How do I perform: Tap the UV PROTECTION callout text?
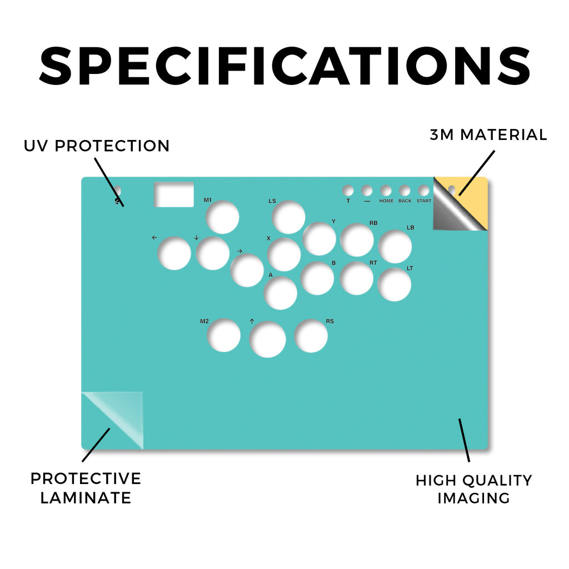click(97, 146)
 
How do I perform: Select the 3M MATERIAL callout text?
click(488, 134)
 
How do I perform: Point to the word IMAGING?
click(473, 498)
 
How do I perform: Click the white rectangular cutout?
click(174, 194)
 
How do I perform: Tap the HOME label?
click(386, 201)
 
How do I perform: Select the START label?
click(424, 201)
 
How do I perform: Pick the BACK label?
click(405, 201)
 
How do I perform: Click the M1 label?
click(208, 200)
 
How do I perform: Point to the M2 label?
click(204, 321)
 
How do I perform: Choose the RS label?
click(330, 321)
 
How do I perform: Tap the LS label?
click(272, 201)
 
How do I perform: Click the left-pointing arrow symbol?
click(154, 237)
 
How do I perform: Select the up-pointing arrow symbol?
click(252, 321)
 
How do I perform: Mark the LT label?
click(410, 268)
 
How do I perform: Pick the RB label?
click(373, 223)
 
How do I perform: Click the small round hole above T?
click(348, 191)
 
